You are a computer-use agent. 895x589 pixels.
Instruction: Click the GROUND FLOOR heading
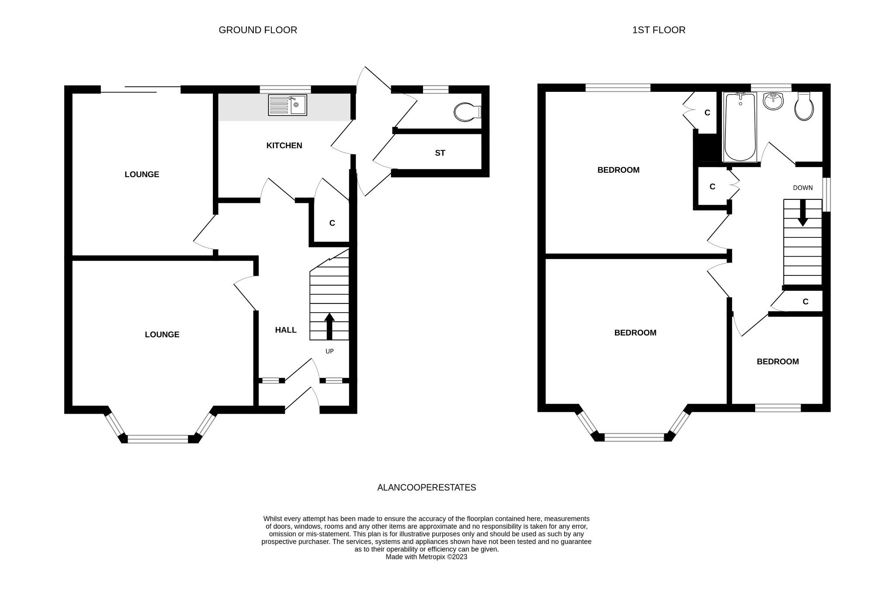click(257, 30)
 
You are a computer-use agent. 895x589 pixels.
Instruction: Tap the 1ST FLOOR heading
click(659, 30)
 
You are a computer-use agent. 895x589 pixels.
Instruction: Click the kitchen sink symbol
click(287, 105)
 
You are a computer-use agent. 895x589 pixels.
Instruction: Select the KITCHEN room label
click(284, 146)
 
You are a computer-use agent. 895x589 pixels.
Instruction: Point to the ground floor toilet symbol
click(466, 112)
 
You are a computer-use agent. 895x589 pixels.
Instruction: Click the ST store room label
click(440, 153)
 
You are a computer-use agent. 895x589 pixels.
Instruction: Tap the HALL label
click(286, 330)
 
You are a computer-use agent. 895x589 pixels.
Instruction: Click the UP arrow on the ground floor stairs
click(329, 326)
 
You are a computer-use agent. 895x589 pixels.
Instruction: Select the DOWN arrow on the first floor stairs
click(802, 213)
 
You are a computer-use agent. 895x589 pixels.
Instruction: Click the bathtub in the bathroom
click(740, 127)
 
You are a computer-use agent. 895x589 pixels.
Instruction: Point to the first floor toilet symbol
click(804, 107)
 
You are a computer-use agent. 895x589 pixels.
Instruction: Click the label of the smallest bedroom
click(777, 362)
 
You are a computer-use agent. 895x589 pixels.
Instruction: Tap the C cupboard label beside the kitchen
click(332, 223)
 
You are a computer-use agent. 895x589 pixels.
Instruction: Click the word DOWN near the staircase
click(803, 188)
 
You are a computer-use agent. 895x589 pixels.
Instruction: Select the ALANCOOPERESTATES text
click(427, 488)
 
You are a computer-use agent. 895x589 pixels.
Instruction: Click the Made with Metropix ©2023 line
click(426, 557)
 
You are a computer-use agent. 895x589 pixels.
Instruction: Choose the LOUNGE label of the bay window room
click(162, 335)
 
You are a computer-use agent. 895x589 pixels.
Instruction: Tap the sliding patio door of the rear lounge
click(140, 90)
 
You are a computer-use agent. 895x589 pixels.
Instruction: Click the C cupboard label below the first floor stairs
click(805, 302)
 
